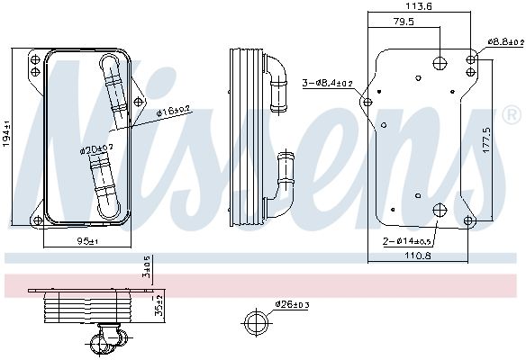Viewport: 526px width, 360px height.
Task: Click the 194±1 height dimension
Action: [x=8, y=134]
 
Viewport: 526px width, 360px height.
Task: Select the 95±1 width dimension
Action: [x=85, y=242]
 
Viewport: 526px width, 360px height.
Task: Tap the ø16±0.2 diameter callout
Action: [x=173, y=112]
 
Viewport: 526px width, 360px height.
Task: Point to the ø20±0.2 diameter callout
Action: [x=95, y=148]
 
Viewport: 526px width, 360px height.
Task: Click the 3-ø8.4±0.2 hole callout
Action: [x=328, y=83]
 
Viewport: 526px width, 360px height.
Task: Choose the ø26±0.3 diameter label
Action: [x=293, y=304]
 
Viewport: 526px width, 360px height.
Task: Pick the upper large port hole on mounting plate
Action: [x=439, y=62]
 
